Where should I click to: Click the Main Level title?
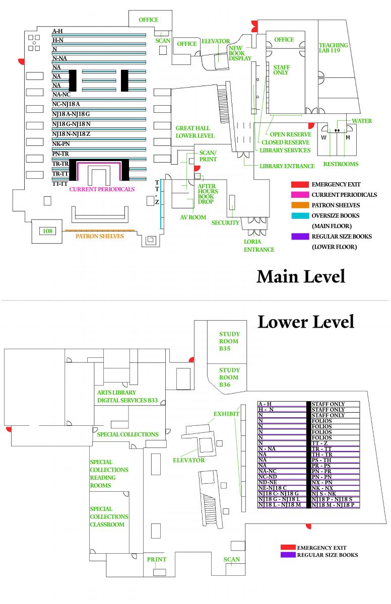tap(301, 276)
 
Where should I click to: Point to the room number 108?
tap(47, 231)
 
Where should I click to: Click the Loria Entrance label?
tap(259, 245)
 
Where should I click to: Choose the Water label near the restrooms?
tap(362, 121)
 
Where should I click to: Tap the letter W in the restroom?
tap(324, 137)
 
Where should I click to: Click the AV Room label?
tap(193, 217)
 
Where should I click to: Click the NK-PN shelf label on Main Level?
tap(61, 143)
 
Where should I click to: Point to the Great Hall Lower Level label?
tap(194, 132)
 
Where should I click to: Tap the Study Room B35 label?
tap(229, 341)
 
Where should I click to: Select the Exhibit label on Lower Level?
tap(225, 414)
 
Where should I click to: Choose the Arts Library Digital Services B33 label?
tap(127, 397)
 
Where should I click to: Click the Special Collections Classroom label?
tap(109, 516)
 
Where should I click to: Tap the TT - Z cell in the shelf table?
tap(322, 443)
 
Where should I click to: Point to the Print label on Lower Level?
tap(156, 559)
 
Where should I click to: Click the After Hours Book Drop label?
tap(208, 194)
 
